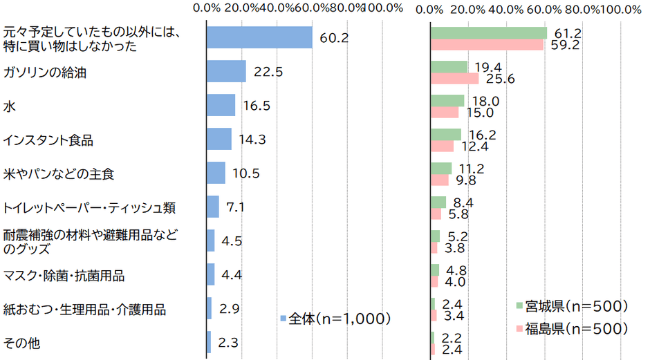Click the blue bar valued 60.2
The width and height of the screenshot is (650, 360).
click(260, 38)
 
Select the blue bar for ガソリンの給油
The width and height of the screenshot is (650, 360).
click(227, 71)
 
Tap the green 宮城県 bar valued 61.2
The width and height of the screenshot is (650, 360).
click(488, 32)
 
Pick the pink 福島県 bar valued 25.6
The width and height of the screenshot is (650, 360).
click(454, 79)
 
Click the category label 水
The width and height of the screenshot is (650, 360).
click(9, 106)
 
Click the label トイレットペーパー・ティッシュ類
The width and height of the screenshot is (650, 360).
click(90, 207)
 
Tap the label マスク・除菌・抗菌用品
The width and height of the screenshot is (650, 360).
click(64, 275)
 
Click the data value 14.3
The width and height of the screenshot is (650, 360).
click(250, 140)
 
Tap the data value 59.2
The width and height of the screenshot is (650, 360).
click(565, 45)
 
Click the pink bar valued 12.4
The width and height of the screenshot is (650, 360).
click(442, 146)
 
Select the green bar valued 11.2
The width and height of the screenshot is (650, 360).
click(441, 168)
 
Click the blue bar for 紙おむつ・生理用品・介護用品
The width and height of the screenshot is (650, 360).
click(209, 308)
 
